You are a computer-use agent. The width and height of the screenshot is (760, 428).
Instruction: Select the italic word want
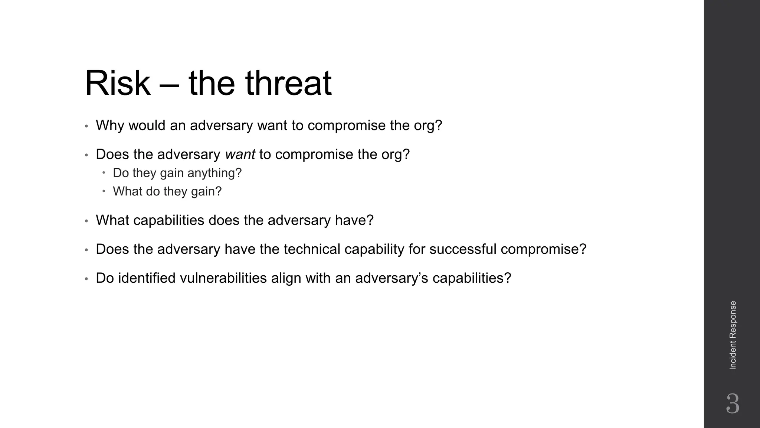[x=240, y=154]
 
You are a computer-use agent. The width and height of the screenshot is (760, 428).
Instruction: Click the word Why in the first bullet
[x=109, y=126]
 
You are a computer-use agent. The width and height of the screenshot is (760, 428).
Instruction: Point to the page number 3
[x=733, y=403]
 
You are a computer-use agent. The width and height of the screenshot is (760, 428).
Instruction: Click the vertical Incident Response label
[x=733, y=335]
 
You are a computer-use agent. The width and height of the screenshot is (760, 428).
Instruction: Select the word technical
[x=312, y=249]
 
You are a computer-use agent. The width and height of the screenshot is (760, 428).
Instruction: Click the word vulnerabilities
[x=223, y=278]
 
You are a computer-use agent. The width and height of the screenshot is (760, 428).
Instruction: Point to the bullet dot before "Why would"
[x=86, y=126]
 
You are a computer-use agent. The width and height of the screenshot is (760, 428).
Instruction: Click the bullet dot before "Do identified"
[x=86, y=279]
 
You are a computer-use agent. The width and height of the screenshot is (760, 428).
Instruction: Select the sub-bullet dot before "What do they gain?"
[x=104, y=191]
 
